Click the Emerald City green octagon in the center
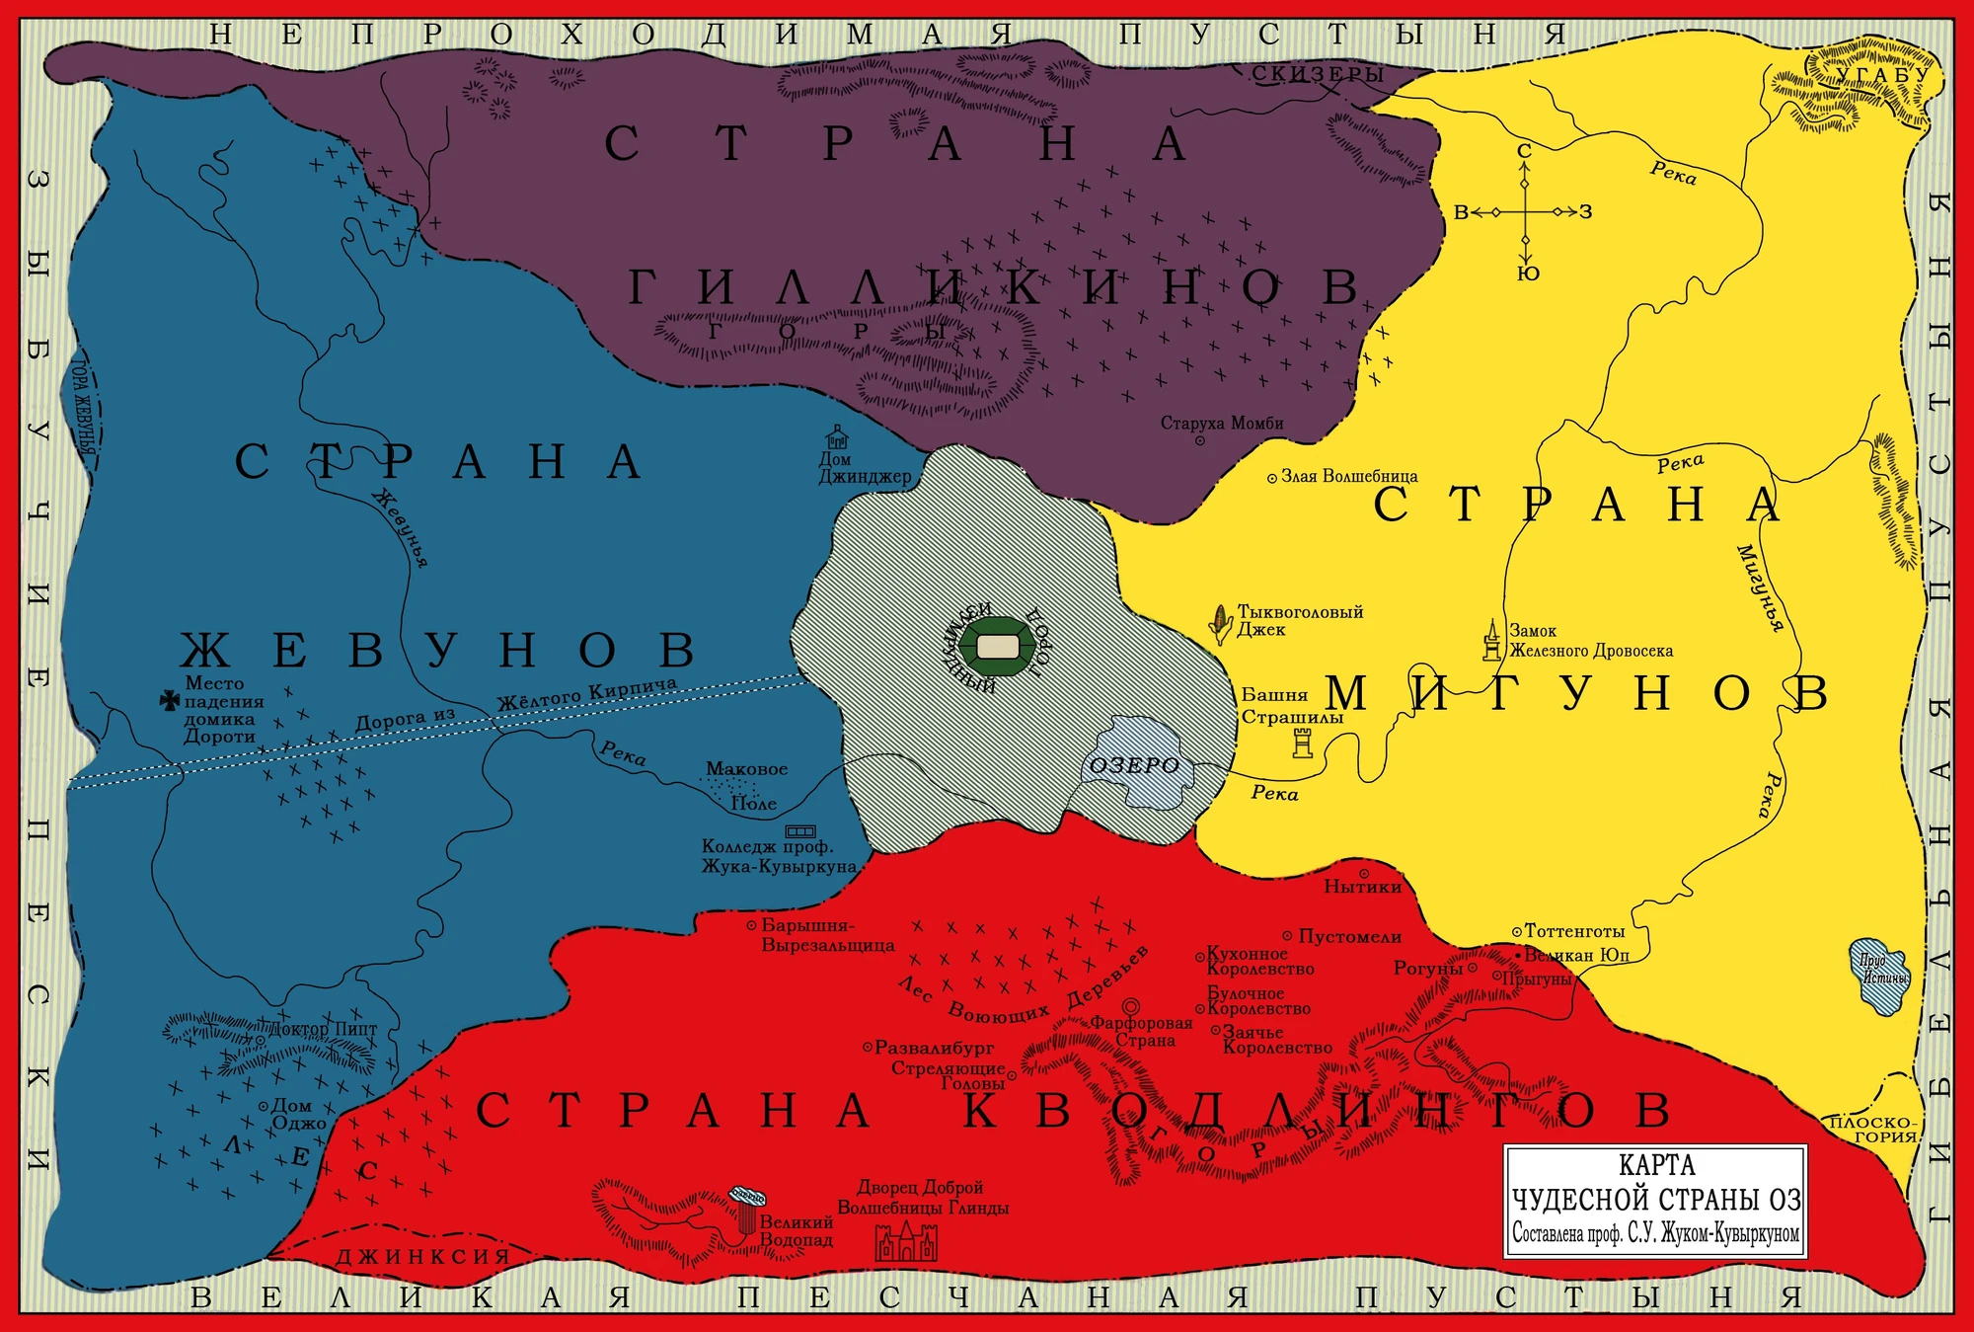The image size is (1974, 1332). coord(997,646)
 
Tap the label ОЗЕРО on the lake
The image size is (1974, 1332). coord(1134,765)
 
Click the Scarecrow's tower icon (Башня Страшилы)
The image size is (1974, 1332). coord(1303,743)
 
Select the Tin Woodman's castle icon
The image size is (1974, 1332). coord(1491,641)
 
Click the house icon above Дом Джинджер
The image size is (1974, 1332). coord(837,436)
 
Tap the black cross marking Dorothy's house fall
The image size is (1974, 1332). coord(169,700)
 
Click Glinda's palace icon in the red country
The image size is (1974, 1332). coord(905,1241)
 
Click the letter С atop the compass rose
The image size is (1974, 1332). coord(1524,151)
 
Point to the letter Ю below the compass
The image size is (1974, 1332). coord(1528,274)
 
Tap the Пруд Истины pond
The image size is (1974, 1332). coord(1879,975)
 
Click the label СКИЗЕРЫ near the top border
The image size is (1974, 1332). coord(1317,74)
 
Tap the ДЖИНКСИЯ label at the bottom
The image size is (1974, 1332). coord(422,1256)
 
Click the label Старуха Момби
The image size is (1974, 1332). coord(1221,423)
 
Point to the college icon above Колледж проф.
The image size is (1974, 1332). coord(799,831)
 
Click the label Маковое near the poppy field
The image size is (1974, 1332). coord(746,768)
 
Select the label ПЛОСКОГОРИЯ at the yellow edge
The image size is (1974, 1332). coord(1871,1129)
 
